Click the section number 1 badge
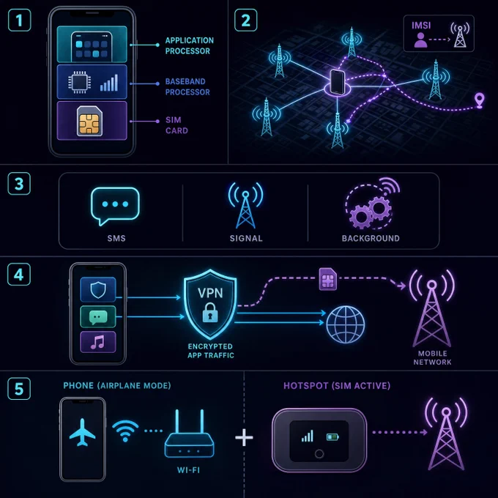coord(19,21)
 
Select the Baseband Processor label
coord(187,86)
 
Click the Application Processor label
coord(189,45)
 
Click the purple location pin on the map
coord(479,100)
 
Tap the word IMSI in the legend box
coord(421,26)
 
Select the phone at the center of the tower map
coord(338,82)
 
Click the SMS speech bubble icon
coord(115,206)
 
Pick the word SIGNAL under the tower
coord(246,239)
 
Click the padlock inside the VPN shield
coord(210,312)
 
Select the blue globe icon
coord(346,324)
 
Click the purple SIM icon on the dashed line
coord(328,279)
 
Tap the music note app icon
coord(98,342)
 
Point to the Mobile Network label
coord(432,357)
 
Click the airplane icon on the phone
coord(82,432)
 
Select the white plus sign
coord(244,438)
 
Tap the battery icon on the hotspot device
coord(332,437)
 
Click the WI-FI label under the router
coord(188,470)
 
